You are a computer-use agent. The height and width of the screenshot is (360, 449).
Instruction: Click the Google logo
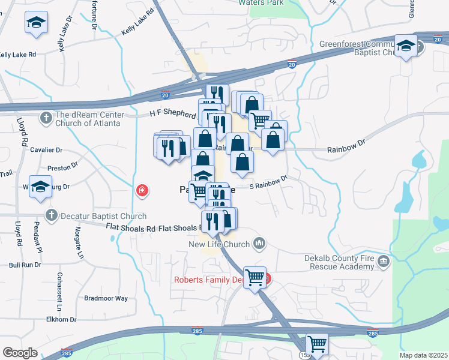point(20,353)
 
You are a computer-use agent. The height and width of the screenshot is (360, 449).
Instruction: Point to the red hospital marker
point(142,191)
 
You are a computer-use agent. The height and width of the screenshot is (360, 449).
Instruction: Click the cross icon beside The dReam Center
point(47,118)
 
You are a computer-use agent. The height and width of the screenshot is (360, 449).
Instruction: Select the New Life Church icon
point(259,243)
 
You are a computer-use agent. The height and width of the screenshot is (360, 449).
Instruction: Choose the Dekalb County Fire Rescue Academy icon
point(384,262)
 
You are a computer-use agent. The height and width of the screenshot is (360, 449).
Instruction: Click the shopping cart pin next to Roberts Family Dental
point(255,277)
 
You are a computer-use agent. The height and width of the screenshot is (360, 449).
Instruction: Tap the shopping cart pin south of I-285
point(317,344)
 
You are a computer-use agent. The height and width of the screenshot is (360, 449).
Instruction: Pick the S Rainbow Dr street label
point(269,182)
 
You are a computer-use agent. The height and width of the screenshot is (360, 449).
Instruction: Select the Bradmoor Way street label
point(106,298)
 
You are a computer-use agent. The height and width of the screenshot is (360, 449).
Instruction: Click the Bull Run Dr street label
point(25,264)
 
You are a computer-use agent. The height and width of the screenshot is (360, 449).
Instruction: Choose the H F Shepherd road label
point(173,114)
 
